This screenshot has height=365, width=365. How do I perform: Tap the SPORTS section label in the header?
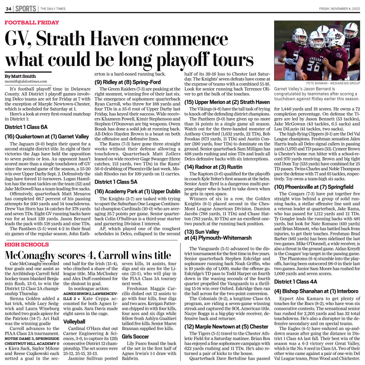point(26,9)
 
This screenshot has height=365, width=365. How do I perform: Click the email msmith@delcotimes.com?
point(26,81)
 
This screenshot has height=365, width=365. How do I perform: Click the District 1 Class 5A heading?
point(116,182)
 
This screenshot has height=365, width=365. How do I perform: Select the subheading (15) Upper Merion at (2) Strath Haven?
point(227,102)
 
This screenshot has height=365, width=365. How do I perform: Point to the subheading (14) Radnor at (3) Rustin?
point(211,167)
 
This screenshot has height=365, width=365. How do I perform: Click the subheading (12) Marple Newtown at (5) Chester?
point(226,327)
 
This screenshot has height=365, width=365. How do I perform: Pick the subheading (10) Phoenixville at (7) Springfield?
point(314,187)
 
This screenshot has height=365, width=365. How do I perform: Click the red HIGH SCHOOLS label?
point(26,245)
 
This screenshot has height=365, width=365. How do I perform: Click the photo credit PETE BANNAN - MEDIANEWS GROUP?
point(333,83)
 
